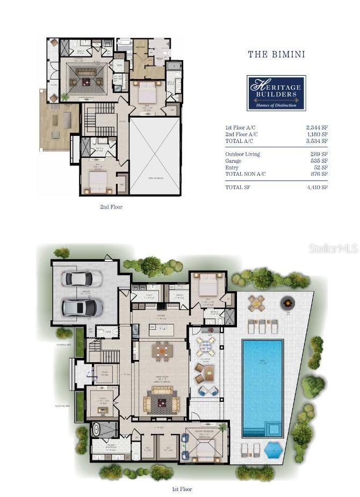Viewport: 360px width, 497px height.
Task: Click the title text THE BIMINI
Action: tap(276, 54)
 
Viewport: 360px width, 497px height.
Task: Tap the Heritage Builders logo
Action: tap(276, 92)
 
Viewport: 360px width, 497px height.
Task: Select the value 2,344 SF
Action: tap(316, 127)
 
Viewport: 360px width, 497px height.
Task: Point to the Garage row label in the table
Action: tap(234, 161)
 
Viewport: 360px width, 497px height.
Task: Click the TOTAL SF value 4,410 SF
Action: tap(316, 187)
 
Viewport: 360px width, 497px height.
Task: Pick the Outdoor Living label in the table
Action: tap(242, 154)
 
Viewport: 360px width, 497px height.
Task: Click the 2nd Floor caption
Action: tap(112, 206)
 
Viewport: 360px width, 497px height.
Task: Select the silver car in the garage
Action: tap(82, 307)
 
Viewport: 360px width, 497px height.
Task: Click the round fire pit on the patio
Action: tap(289, 304)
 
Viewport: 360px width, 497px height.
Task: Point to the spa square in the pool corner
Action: tap(274, 429)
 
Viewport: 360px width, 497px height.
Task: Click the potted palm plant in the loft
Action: tap(65, 97)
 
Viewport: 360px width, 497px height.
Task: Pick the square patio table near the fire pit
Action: tap(257, 303)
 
